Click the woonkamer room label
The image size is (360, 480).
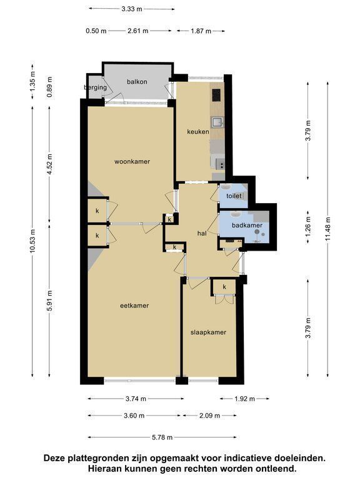[x=132, y=161]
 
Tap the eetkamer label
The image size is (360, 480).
[x=134, y=305]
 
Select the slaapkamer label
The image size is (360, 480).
[x=208, y=332]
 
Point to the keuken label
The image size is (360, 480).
[x=198, y=132]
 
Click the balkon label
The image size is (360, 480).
[x=137, y=82]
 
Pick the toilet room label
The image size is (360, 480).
[x=234, y=196]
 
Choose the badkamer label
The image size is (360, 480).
[x=247, y=225]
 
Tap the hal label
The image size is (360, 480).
[x=202, y=233]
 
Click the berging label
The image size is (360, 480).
[x=96, y=87]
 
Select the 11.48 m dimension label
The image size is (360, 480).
[x=328, y=229]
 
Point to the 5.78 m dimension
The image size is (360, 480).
[x=162, y=437]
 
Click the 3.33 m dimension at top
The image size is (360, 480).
[x=132, y=9]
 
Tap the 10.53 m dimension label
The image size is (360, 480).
[x=32, y=241]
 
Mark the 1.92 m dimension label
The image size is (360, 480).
[x=244, y=399]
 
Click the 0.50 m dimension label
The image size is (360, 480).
[x=96, y=31]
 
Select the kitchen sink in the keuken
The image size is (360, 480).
[x=217, y=121]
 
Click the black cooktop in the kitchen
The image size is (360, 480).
[x=216, y=95]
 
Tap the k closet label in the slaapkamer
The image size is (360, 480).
[x=224, y=287]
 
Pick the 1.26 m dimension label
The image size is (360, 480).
[x=308, y=227]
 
